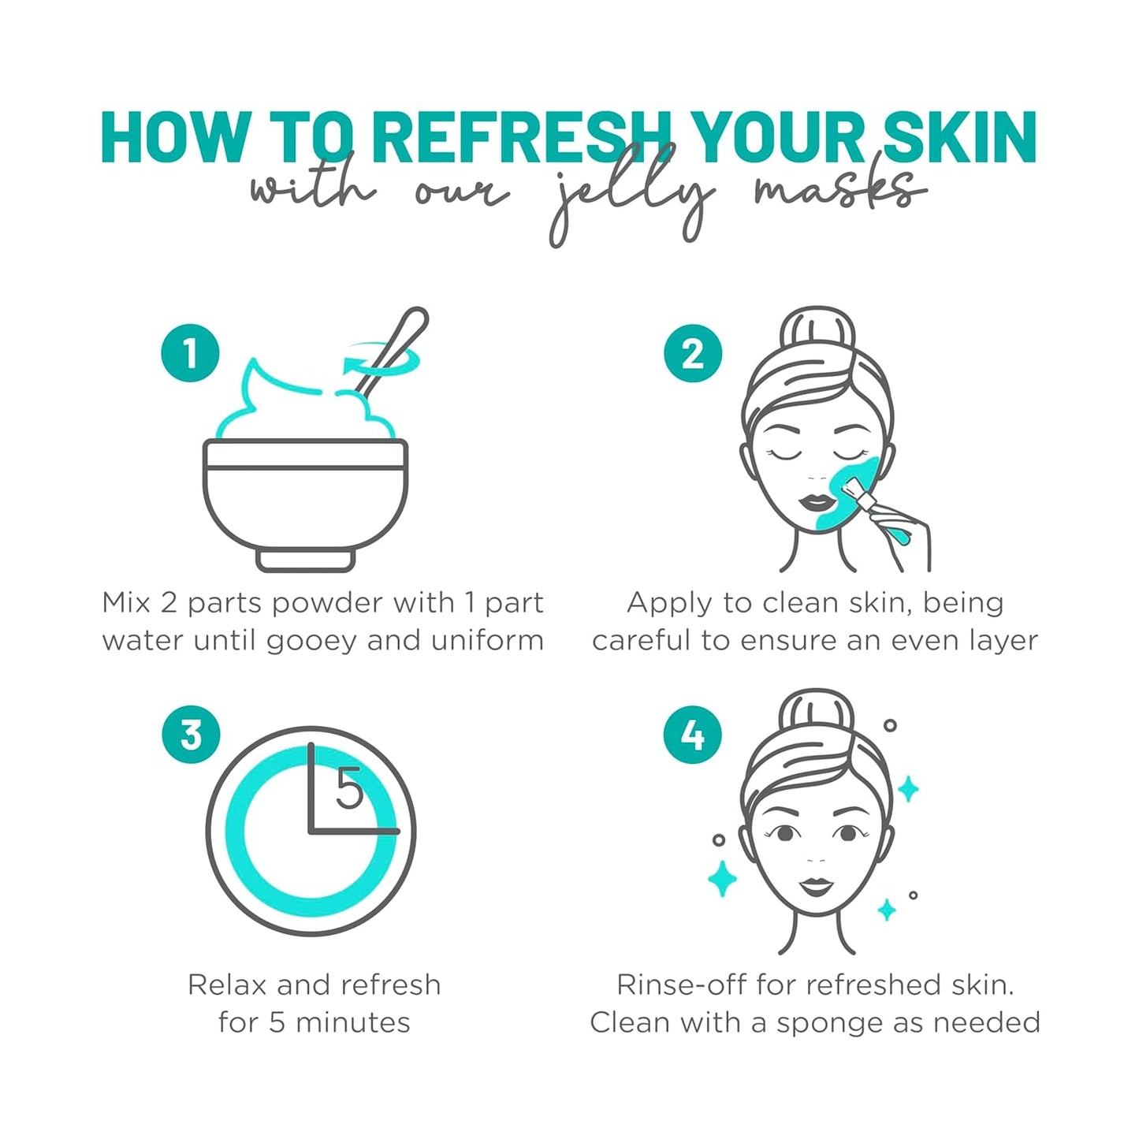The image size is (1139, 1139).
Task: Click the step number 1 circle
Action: [x=190, y=353]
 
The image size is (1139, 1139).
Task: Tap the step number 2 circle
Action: [x=693, y=353]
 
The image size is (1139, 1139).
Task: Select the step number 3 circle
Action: [x=191, y=735]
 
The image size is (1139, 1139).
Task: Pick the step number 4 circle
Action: [x=693, y=735]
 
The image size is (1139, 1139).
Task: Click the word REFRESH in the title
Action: [x=520, y=138]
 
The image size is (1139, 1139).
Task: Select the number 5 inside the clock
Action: [x=349, y=788]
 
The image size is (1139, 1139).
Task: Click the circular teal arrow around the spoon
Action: [x=382, y=361]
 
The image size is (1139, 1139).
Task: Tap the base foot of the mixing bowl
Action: [x=305, y=560]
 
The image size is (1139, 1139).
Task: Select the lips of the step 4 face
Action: [x=817, y=887]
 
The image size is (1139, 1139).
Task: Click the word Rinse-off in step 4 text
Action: [x=681, y=985]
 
